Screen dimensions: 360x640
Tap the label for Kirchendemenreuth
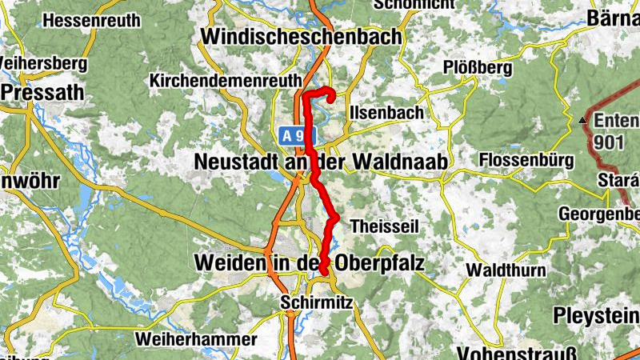tap(226, 81)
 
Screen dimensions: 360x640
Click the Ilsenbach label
tap(386, 114)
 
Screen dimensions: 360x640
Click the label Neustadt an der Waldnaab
tap(320, 162)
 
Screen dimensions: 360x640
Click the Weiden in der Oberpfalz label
tap(308, 262)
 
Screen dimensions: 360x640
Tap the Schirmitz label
tap(312, 303)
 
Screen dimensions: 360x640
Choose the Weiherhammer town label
tap(197, 339)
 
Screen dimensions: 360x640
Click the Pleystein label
tap(600, 313)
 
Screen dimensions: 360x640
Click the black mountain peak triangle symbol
tap(583, 121)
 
